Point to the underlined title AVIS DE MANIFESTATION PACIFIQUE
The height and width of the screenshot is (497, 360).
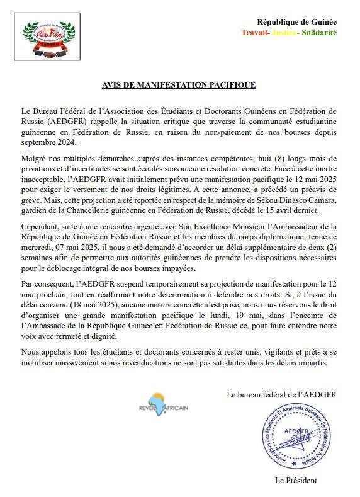[x=179, y=84]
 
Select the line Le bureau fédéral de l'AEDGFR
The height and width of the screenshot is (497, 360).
[x=281, y=395]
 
